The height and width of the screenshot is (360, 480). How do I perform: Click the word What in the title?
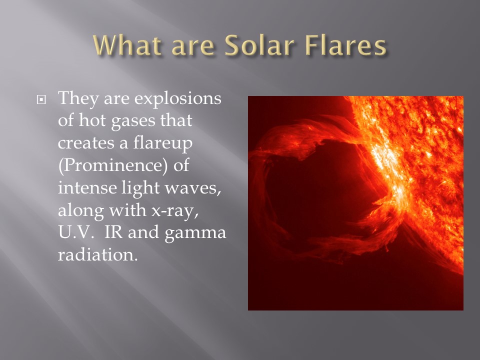(127, 45)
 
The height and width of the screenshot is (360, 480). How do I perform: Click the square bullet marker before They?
(41, 99)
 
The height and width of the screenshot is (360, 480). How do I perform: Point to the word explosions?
(178, 99)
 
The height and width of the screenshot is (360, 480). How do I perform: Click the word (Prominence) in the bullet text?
(113, 165)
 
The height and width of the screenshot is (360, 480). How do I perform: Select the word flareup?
(163, 143)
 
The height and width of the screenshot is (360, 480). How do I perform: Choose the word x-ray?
(175, 211)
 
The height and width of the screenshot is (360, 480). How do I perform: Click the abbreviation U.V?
(75, 232)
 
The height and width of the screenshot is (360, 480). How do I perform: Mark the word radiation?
(98, 254)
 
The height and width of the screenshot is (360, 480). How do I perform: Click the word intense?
(87, 187)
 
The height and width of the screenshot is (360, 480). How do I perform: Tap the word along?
(81, 211)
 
